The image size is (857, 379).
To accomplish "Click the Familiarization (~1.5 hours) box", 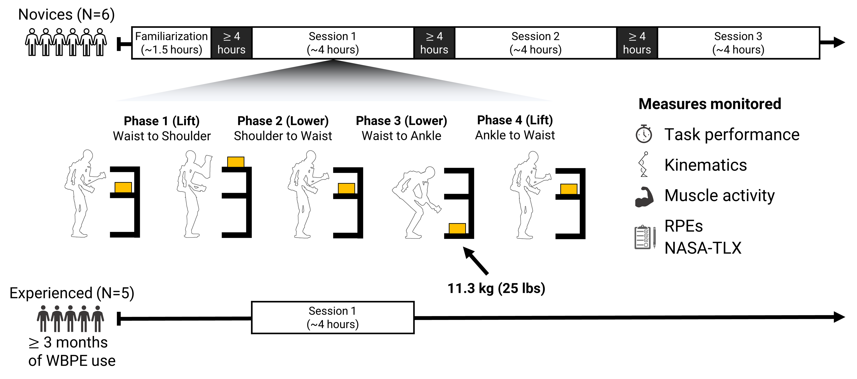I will point(171,43).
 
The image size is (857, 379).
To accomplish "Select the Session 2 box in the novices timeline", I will point(535,43).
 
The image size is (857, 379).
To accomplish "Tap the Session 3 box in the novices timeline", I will point(738,43).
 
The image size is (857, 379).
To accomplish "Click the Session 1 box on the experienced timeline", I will point(332,317).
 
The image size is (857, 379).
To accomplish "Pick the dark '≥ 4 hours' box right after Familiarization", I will point(231,43).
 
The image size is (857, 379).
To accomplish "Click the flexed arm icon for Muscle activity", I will point(644,197).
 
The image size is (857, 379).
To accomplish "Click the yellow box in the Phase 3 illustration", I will point(457,228).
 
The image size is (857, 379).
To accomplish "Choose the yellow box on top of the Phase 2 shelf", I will point(236,162).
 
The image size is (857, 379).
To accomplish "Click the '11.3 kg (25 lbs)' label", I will point(496,288).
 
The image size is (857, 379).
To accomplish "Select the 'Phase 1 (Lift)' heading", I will point(161,121).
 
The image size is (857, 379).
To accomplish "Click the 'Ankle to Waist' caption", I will point(515,135).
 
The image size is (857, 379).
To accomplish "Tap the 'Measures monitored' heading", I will point(710,104).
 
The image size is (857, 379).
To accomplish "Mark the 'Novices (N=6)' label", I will point(66,15).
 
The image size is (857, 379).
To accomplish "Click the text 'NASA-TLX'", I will point(703,248).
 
